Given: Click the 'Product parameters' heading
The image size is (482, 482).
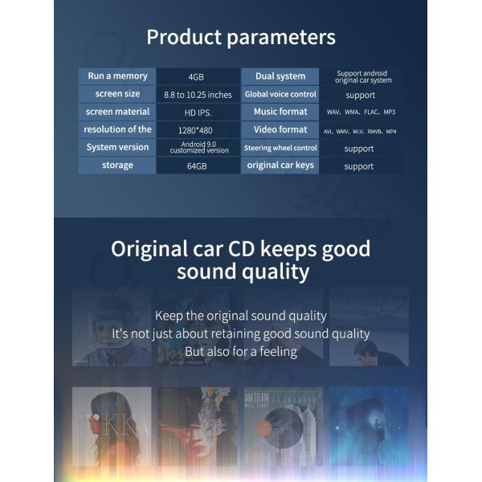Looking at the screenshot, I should [241, 37].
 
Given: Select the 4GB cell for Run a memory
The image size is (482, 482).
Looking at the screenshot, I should [196, 77].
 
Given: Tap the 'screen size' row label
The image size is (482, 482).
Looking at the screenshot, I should [117, 94].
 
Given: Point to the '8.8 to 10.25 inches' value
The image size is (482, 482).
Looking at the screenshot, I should [198, 95].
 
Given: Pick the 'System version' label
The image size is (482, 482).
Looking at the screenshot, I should [117, 147].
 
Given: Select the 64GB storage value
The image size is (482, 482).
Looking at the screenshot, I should [197, 166].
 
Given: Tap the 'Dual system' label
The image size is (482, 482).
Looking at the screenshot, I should [280, 76].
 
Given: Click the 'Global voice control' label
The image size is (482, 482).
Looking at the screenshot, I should [280, 94].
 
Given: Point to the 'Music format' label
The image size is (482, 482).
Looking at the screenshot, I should [280, 112].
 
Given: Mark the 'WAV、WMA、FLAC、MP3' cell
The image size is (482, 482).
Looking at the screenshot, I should [361, 112].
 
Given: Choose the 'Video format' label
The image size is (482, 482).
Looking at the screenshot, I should [280, 129].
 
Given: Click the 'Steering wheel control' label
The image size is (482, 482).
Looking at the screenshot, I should [280, 148].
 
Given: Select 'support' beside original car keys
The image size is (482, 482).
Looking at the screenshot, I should [359, 166].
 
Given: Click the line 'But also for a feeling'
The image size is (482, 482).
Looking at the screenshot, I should [241, 351].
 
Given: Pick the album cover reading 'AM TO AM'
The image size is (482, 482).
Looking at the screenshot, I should [283, 427].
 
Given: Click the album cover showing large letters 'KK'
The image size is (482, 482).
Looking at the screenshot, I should [112, 427].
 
